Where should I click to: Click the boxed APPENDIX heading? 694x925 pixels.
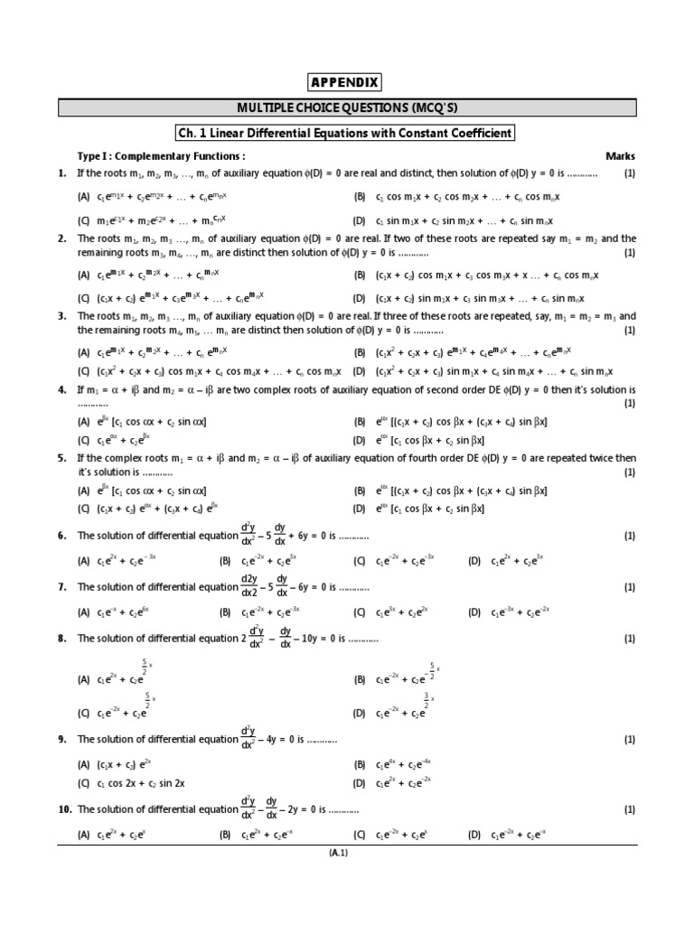click(347, 84)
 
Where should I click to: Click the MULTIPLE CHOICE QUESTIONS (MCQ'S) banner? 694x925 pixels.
click(347, 108)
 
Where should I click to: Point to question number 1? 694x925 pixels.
click(62, 173)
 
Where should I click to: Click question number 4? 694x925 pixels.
click(62, 389)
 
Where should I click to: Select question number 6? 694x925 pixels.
click(62, 536)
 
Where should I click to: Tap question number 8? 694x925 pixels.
click(62, 639)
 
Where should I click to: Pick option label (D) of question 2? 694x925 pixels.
click(360, 298)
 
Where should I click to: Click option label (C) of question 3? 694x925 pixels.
click(84, 370)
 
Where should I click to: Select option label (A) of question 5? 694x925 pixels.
click(84, 491)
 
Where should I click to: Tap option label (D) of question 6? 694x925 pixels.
click(474, 561)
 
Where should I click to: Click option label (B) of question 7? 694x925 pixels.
click(226, 612)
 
